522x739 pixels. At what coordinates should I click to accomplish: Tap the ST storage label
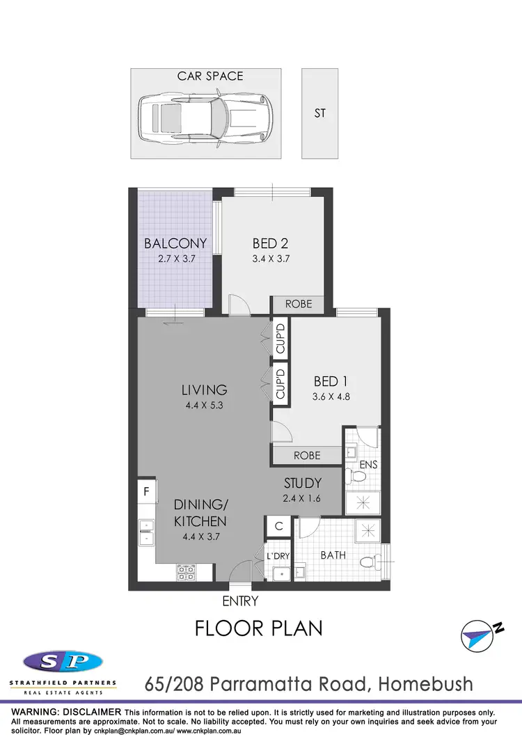[x=319, y=113]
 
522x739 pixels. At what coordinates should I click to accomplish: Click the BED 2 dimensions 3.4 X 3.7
[x=271, y=259]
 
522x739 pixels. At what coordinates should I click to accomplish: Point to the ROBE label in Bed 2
[x=297, y=304]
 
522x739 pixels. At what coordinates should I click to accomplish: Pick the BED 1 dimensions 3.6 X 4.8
[x=331, y=398]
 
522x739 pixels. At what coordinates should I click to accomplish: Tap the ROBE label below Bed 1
[x=307, y=456]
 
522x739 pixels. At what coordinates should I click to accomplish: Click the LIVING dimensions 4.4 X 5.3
[x=205, y=405]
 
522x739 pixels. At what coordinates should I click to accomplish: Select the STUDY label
[x=303, y=483]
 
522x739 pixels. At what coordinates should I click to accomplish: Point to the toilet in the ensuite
[x=358, y=477]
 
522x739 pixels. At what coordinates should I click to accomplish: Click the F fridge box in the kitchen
[x=146, y=491]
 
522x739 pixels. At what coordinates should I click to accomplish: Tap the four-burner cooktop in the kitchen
[x=185, y=572]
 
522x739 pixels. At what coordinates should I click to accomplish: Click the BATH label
[x=333, y=556]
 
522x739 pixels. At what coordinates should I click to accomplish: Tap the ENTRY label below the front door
[x=240, y=601]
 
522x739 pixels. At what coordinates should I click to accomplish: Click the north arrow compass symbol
[x=481, y=633]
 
